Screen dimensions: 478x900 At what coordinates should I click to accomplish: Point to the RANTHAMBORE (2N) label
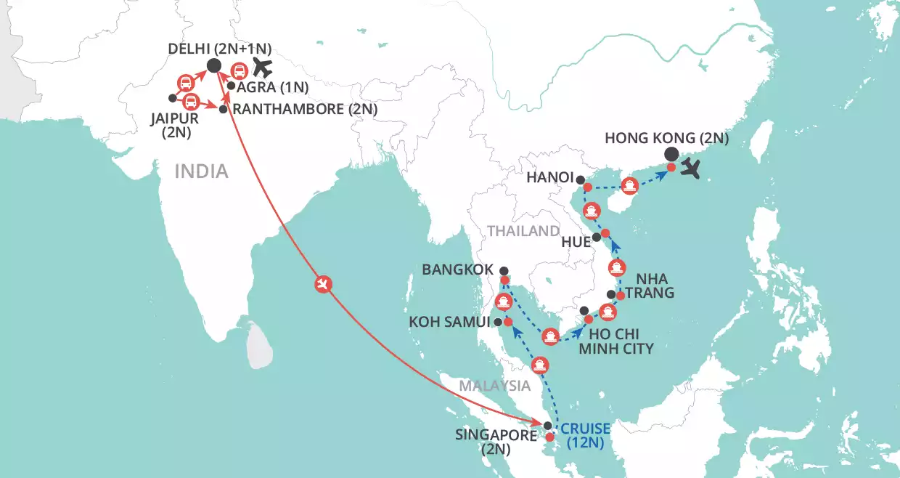click(305, 109)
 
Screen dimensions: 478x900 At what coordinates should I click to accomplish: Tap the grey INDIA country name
click(201, 171)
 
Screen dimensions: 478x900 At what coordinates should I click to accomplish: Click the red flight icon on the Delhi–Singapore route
click(324, 284)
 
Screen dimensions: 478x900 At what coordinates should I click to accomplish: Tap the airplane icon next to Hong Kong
click(692, 171)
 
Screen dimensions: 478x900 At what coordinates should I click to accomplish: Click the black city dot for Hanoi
click(580, 178)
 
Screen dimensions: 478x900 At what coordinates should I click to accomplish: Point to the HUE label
click(576, 242)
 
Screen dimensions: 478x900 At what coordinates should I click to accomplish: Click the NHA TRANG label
click(655, 285)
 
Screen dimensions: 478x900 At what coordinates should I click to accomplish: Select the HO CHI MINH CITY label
click(615, 341)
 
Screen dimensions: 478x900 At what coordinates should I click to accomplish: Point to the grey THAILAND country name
click(523, 231)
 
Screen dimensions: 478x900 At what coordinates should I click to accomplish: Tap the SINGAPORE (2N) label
click(496, 442)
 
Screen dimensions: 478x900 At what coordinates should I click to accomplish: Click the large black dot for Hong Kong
click(671, 154)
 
